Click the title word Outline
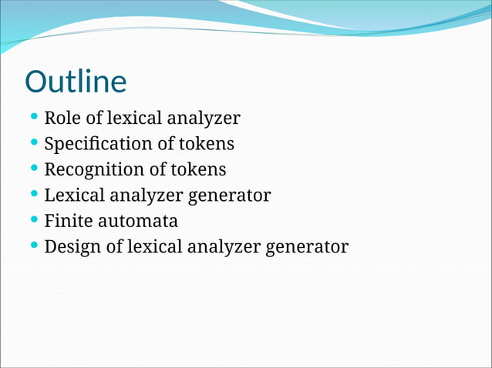76,82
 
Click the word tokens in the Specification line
208,144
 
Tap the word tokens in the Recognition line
200,169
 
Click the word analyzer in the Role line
206,119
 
